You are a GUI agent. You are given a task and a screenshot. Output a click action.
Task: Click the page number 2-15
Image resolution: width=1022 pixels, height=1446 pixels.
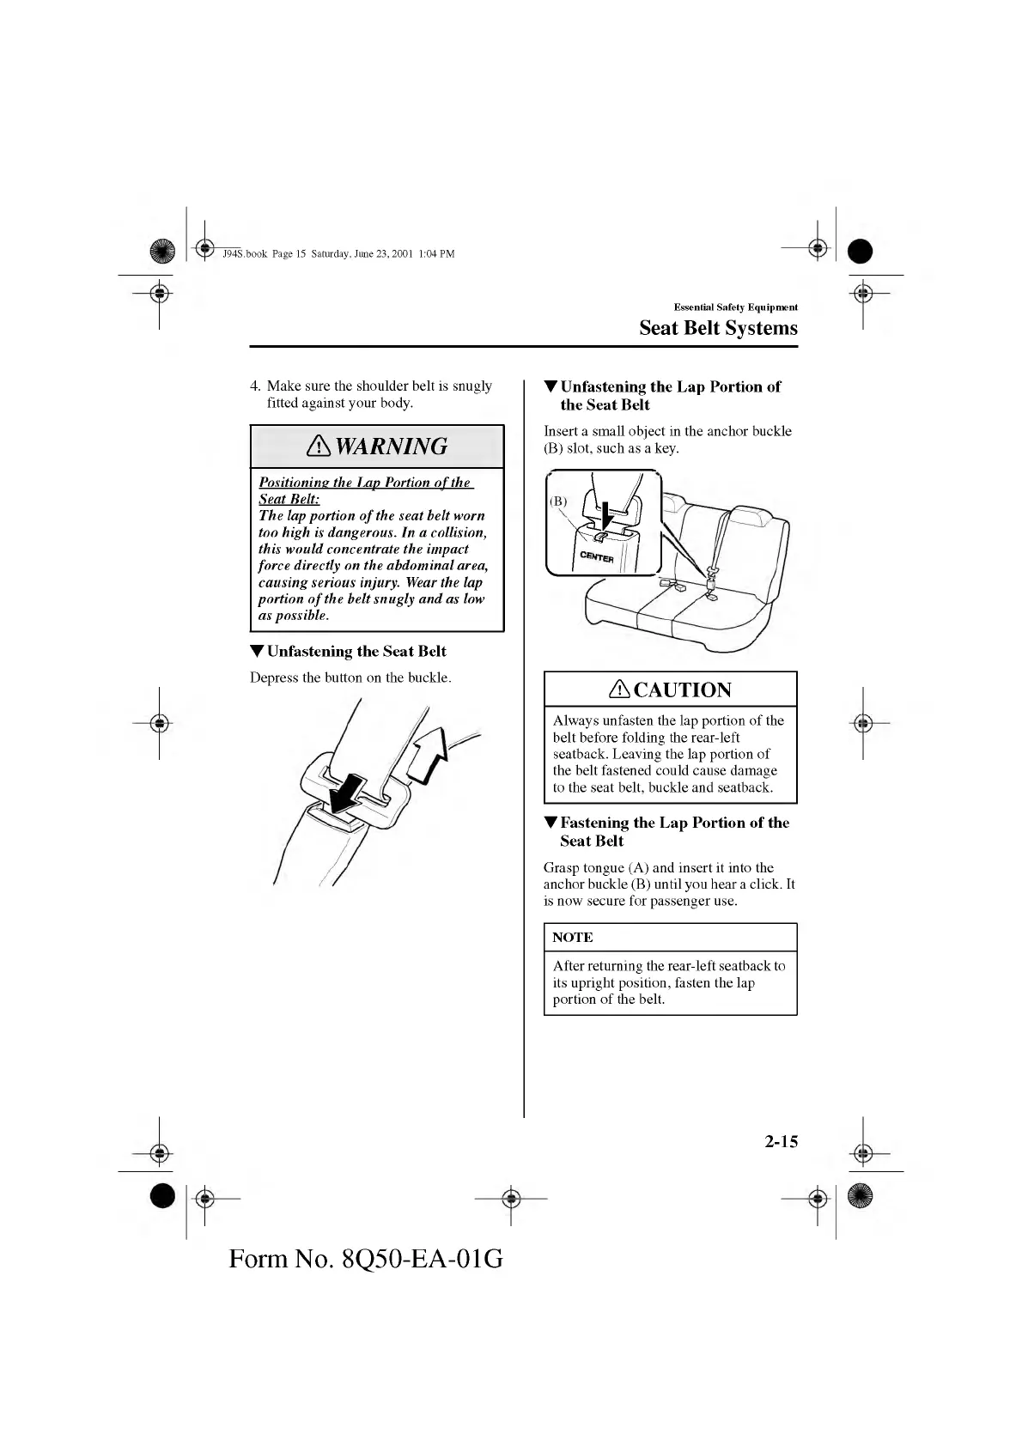[x=780, y=1141]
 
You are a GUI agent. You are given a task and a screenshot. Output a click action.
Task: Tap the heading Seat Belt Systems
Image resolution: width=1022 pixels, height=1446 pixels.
[x=718, y=328]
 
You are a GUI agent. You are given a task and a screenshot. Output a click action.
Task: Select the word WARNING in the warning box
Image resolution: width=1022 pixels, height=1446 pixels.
[x=391, y=447]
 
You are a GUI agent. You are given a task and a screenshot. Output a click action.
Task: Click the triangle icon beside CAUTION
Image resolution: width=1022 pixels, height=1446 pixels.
[x=620, y=690]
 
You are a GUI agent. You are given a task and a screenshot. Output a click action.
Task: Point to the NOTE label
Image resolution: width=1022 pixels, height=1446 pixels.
[x=573, y=937]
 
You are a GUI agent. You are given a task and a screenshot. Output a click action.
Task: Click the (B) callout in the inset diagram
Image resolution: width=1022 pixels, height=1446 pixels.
[x=558, y=501]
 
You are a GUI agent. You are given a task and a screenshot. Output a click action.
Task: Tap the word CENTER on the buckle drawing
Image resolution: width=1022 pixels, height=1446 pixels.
[x=597, y=557]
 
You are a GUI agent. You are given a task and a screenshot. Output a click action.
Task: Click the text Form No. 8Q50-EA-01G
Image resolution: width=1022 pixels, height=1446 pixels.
[x=366, y=1259]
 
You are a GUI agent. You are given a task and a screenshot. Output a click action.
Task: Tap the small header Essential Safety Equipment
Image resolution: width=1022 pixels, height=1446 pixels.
[x=735, y=307]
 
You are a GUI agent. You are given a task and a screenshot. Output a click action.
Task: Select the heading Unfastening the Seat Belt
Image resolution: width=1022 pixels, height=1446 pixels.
[x=356, y=652]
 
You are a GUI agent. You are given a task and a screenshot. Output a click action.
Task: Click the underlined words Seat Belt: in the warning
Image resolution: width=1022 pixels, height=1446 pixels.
[x=289, y=499]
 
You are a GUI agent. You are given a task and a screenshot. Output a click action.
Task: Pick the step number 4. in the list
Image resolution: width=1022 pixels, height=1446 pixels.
[x=255, y=386]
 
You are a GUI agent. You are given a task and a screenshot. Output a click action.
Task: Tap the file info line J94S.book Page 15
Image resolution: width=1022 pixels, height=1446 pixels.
[x=338, y=253]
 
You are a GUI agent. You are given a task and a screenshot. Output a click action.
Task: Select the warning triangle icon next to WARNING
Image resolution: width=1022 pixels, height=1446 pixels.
[x=319, y=447]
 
